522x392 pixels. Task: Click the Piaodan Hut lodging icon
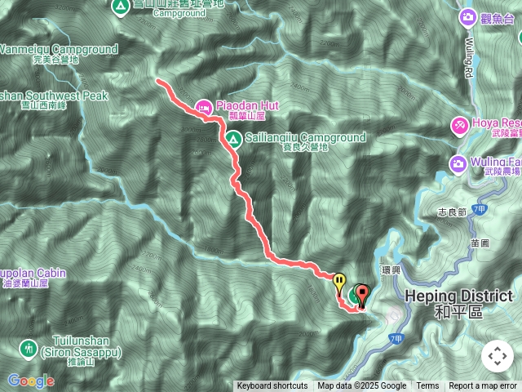click(x=204, y=105)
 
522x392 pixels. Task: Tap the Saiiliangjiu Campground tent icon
click(x=232, y=138)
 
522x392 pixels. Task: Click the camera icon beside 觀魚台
click(x=467, y=16)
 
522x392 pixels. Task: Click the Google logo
click(x=30, y=381)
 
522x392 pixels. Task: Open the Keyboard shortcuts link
click(x=272, y=386)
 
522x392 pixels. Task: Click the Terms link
click(x=427, y=386)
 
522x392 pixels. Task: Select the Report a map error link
click(x=483, y=386)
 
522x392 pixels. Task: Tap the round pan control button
click(x=497, y=356)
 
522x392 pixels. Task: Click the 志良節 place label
click(x=451, y=212)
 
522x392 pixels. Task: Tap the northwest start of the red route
click(x=157, y=80)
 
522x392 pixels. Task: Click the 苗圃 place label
click(x=480, y=243)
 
